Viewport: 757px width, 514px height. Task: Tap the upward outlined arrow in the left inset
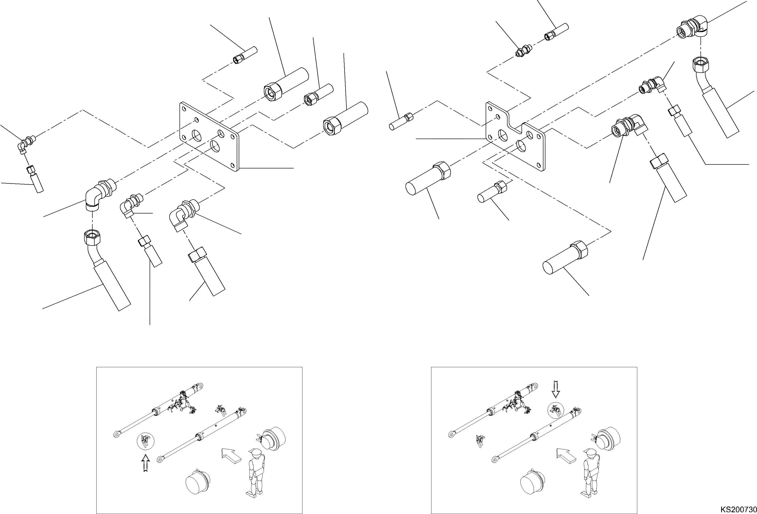click(146, 463)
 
